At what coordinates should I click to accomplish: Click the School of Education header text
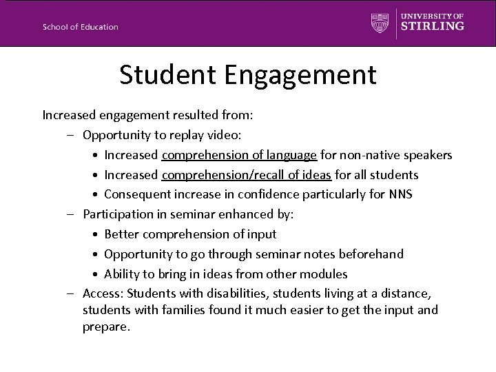(80, 27)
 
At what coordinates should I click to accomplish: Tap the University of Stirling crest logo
(380, 23)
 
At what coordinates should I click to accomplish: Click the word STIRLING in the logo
(433, 26)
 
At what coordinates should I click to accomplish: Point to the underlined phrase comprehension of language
(239, 155)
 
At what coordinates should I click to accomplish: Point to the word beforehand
(372, 254)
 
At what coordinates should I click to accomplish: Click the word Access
(100, 293)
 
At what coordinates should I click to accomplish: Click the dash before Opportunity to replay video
(72, 135)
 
